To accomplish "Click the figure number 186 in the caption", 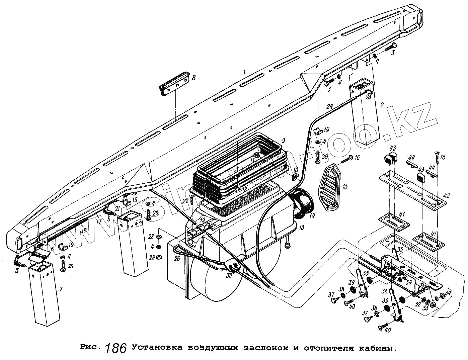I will pos(116,348).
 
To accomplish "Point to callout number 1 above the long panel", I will pos(245,72).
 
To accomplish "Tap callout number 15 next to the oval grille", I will pos(345,186).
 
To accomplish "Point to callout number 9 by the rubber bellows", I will pos(283,140).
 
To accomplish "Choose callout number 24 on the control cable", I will pos(330,107).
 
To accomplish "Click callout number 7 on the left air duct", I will pos(61,288).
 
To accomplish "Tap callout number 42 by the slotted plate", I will pos(447,196).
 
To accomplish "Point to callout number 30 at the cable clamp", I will pos(229,275).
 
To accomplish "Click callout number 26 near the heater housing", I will pos(177,258).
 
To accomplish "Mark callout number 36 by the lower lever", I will pos(384,292).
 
